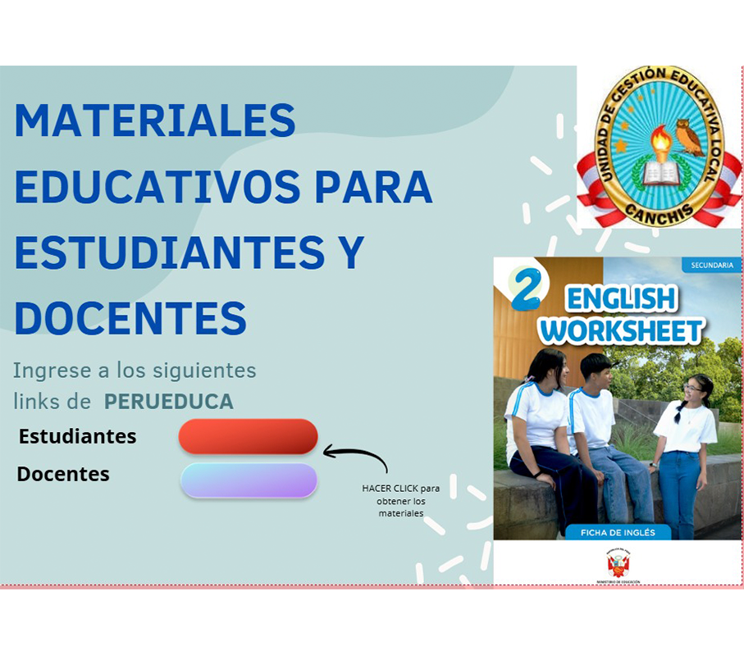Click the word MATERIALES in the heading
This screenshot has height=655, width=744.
pos(155,121)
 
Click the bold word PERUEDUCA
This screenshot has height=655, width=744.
pos(168,402)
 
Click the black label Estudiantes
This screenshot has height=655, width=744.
pos(78,436)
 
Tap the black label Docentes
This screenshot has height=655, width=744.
pos(63,474)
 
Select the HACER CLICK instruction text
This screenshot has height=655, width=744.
pos(401,500)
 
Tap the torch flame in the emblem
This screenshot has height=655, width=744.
pos(660,141)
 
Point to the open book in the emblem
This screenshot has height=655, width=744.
pos(660,173)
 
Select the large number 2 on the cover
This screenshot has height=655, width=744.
pos(526,288)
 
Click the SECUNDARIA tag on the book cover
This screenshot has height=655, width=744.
pos(711,266)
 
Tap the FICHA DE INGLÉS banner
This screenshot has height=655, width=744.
pos(618,533)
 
